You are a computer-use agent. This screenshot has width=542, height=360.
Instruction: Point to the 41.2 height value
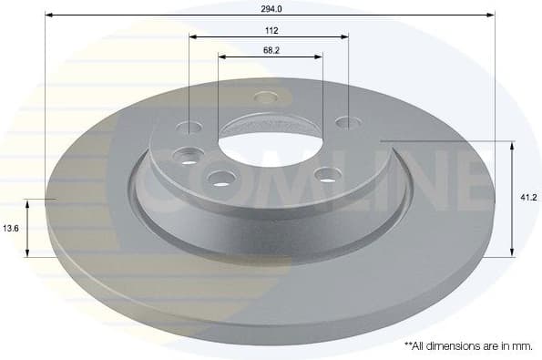[527, 196]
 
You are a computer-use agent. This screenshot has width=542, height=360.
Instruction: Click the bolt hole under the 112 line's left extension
[189, 128]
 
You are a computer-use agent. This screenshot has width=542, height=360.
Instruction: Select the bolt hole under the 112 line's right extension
[344, 122]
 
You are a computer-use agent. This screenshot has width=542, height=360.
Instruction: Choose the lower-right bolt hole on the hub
[329, 174]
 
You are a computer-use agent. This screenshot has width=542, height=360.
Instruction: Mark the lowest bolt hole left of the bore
[220, 178]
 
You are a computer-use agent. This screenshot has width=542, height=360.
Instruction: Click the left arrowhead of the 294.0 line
[48, 15]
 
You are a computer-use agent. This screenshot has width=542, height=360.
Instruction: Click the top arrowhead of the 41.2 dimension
[512, 145]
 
